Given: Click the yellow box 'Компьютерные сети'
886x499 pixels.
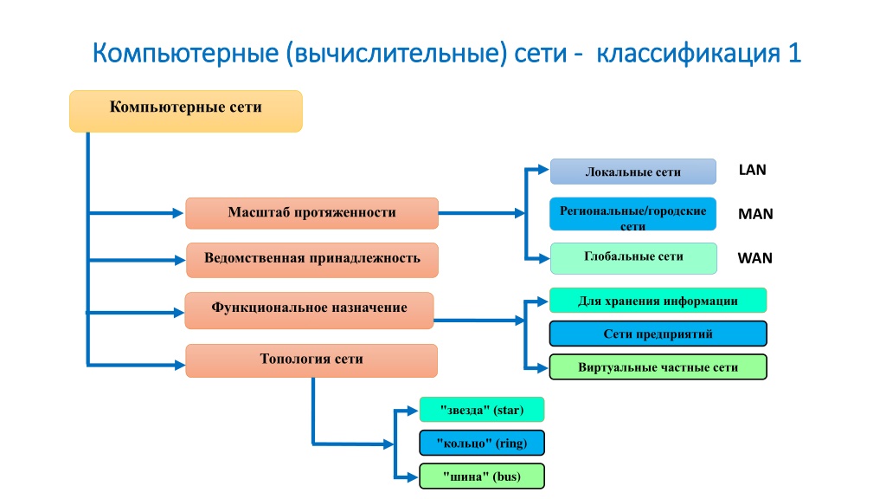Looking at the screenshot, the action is [x=186, y=112].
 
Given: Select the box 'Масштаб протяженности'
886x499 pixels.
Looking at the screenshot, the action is [x=311, y=213].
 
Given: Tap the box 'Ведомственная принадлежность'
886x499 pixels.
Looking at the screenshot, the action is [x=312, y=260].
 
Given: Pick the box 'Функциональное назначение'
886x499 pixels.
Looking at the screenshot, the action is [x=309, y=311].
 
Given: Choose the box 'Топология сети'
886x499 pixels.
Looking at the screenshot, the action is [x=311, y=361].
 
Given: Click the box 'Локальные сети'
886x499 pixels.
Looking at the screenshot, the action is [x=633, y=172].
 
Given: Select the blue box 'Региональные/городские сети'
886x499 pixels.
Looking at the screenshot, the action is [x=632, y=214].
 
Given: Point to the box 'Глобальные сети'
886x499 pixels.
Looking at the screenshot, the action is [x=633, y=258].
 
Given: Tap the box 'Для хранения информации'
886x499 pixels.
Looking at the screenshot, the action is [x=658, y=301].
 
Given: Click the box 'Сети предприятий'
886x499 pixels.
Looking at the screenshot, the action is [x=658, y=334].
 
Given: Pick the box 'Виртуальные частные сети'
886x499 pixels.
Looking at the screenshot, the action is [x=658, y=366].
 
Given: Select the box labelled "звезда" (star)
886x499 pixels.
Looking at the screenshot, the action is [x=482, y=410].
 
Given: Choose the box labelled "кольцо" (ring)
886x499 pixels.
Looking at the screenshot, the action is [x=482, y=443].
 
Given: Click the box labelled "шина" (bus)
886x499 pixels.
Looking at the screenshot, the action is [x=482, y=476].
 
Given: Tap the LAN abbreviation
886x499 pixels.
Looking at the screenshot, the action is [x=753, y=170].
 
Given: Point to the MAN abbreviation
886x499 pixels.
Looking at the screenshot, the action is [x=755, y=214].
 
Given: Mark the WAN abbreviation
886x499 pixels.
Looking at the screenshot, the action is [x=754, y=258].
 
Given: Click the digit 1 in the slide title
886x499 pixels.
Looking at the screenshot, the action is [x=794, y=53].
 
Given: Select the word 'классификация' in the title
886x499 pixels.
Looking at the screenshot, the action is [x=689, y=53].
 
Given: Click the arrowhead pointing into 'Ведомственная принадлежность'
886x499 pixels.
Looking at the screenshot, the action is [x=180, y=260].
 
